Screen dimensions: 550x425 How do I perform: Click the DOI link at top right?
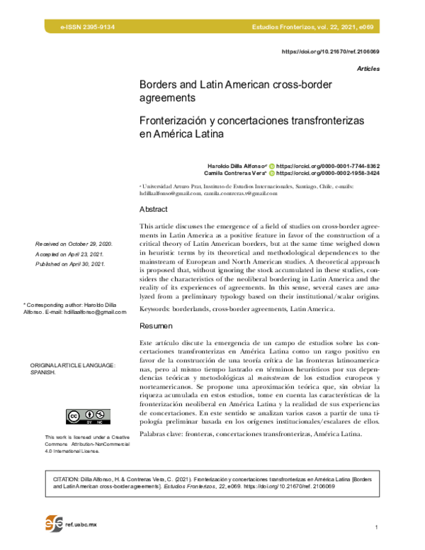pyautogui.click(x=331, y=52)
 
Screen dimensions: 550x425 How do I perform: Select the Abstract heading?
pyautogui.click(x=154, y=210)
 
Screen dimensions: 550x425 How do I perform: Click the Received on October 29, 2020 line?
pyautogui.click(x=73, y=244)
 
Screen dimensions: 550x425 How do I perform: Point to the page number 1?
pyautogui.click(x=378, y=528)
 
